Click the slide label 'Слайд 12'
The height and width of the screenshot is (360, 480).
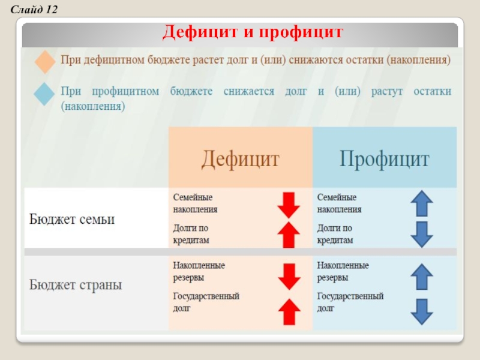tap(31, 8)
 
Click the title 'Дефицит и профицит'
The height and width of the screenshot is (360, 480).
tap(253, 32)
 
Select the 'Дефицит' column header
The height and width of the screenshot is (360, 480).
tap(240, 159)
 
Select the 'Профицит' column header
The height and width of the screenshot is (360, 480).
tap(385, 159)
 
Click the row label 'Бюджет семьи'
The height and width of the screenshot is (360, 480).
tap(72, 219)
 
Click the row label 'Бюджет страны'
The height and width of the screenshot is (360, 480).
tap(76, 284)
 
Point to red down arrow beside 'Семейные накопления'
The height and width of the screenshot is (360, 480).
tap(289, 205)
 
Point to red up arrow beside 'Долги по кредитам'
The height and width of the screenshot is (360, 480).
tap(289, 234)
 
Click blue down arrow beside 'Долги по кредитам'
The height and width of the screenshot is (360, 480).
tap(422, 234)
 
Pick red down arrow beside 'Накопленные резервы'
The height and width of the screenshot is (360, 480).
tap(289, 277)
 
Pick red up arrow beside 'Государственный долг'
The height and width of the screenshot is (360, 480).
tap(289, 312)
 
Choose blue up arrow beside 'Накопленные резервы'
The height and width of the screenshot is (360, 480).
tap(422, 277)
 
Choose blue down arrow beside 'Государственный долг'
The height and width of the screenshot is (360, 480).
tap(422, 312)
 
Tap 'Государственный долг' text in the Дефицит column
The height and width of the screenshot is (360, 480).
tap(206, 302)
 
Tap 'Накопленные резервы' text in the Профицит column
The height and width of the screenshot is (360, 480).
tap(343, 271)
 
